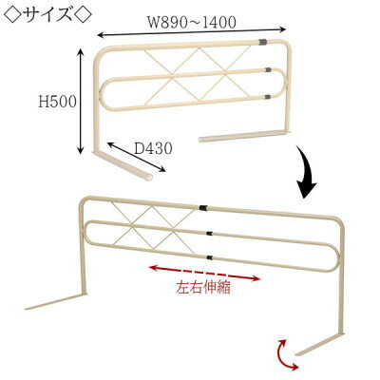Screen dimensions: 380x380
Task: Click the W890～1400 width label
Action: pos(192,23)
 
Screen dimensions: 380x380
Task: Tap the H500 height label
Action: pos(57,103)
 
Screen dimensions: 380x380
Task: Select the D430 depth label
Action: pos(154,148)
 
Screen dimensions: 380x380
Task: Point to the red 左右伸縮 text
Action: pos(203,288)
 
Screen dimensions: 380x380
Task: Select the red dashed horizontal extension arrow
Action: pos(204,274)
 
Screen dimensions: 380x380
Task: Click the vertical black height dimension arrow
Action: pos(81,101)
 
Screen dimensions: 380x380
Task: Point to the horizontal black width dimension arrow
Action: pos(192,32)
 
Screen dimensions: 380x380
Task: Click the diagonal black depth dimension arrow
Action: pos(137,157)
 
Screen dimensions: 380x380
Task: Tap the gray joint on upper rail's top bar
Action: pos(262,42)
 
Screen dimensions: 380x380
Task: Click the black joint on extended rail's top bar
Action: pos(203,208)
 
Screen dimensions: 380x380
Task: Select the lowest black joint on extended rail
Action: pos(209,256)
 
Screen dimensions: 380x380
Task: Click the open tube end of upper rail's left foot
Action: pos(148,178)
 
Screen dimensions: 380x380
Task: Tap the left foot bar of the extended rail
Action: pos(55,302)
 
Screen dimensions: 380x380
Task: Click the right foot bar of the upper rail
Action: pos(244,136)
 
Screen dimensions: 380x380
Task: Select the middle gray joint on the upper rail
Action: pos(268,69)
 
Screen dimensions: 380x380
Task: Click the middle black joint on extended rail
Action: pos(209,234)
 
